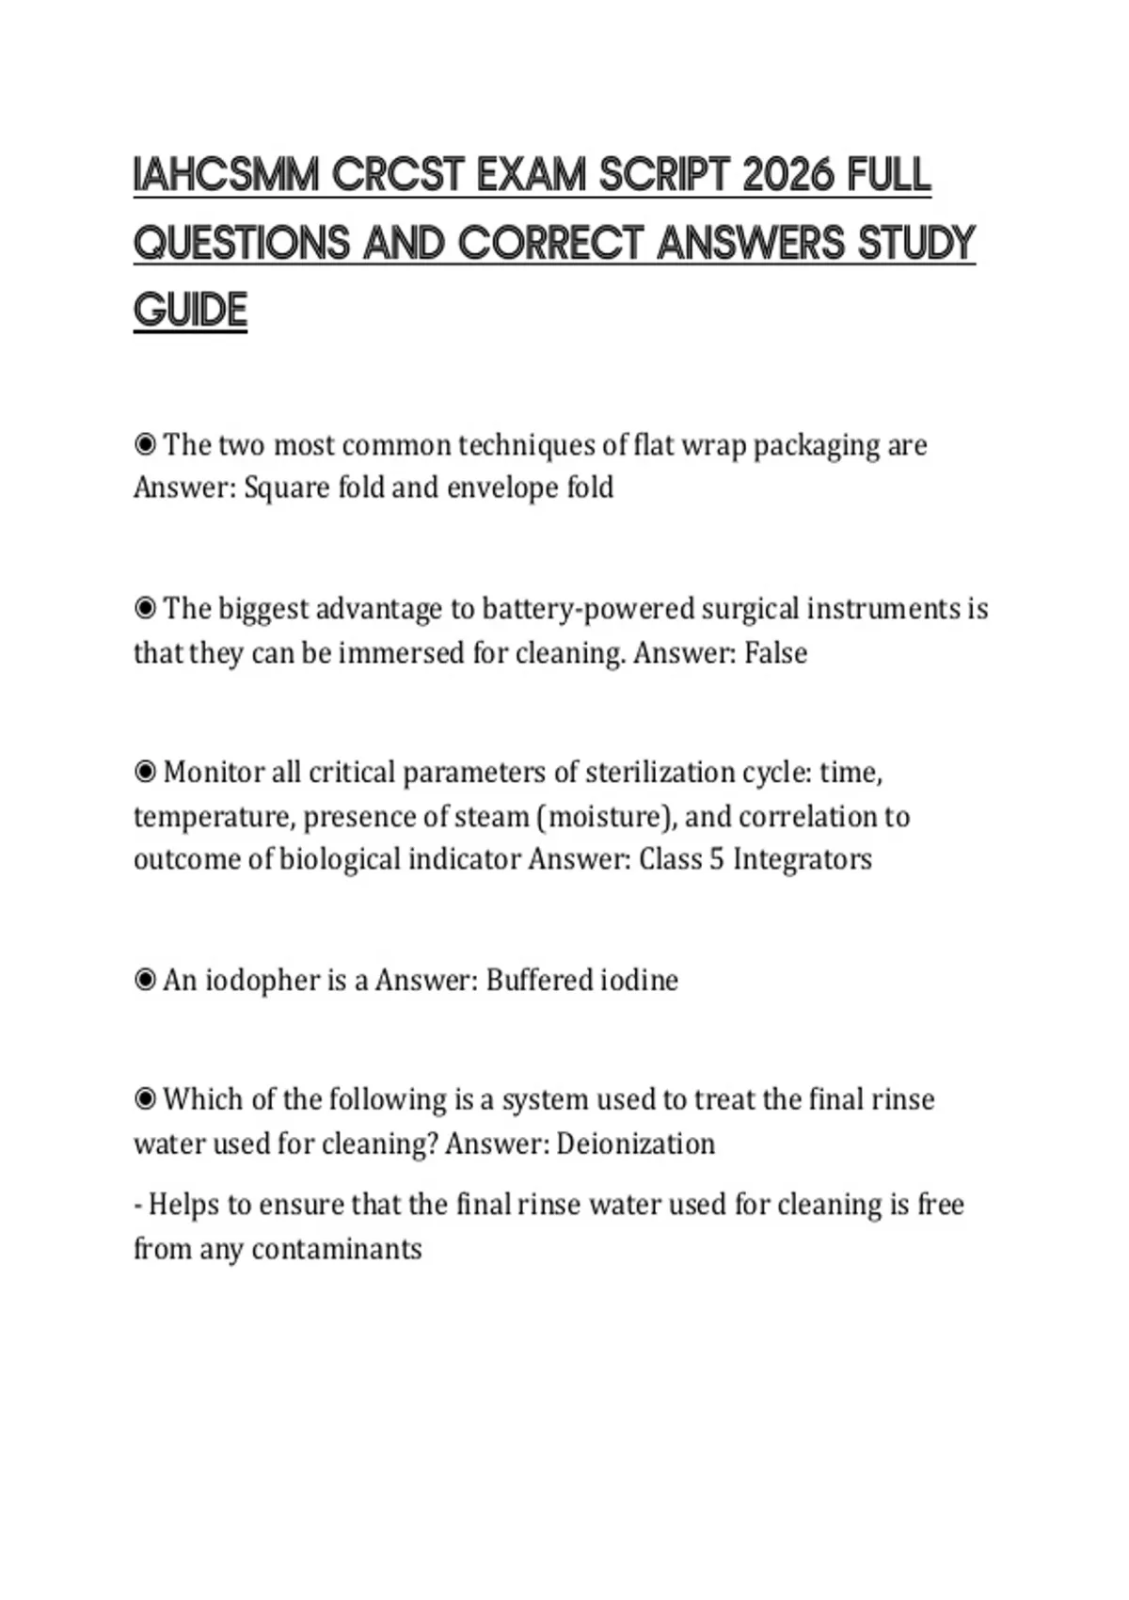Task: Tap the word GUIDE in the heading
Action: pyautogui.click(x=190, y=311)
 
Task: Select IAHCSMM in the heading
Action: pyautogui.click(x=227, y=176)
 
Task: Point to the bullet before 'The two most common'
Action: pyautogui.click(x=145, y=443)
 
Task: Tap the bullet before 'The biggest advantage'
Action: pyautogui.click(x=145, y=608)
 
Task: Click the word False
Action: pyautogui.click(x=775, y=652)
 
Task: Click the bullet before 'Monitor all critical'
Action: pyautogui.click(x=145, y=772)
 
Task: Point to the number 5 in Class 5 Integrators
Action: pyautogui.click(x=716, y=859)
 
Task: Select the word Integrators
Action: pyautogui.click(x=803, y=859)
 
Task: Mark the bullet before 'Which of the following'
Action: pyautogui.click(x=145, y=1098)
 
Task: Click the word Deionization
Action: pyautogui.click(x=635, y=1144)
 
